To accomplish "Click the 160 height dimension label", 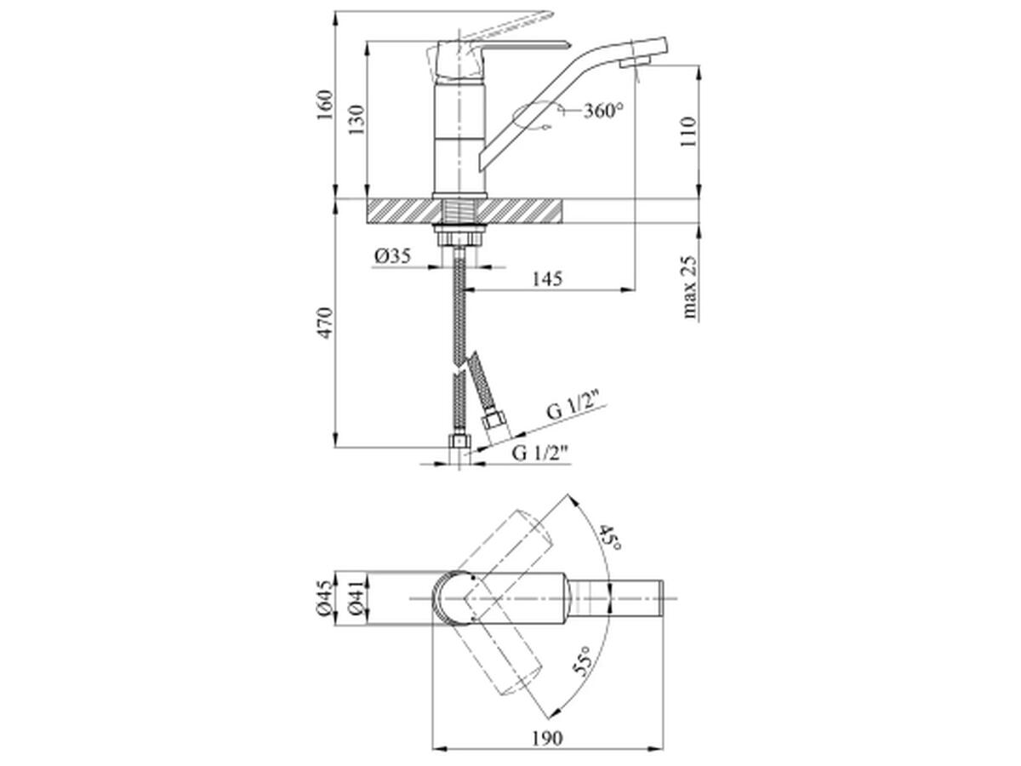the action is point(325,105).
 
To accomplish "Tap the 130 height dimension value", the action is point(357,120).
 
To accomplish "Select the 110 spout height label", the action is point(688,132).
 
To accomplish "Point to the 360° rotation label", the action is point(603,111).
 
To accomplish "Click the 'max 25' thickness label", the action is point(689,287).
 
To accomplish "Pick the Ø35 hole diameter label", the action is point(392,255).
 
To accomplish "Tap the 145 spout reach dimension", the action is point(547,278).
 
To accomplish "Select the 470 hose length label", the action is point(325,323).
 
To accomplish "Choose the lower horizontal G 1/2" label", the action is point(540,453).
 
